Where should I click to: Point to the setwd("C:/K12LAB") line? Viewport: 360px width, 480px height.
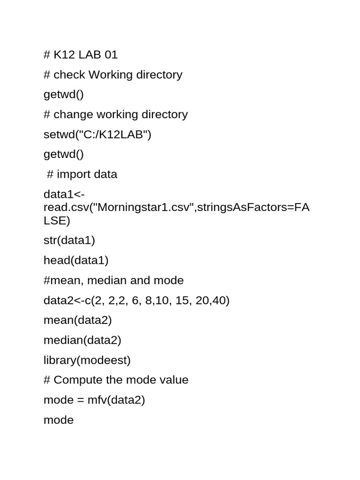pos(97,135)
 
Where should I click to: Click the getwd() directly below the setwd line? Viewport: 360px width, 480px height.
pos(63,154)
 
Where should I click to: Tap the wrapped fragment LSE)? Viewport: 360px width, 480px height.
pos(57,220)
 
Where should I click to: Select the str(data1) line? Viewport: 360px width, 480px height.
pos(69,240)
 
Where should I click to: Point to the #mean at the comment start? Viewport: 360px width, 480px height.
pos(60,280)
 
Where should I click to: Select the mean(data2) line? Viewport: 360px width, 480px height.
pos(77,320)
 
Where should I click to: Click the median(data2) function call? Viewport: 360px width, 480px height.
pos(82,340)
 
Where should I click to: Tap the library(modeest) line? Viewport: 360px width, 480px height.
pos(87,360)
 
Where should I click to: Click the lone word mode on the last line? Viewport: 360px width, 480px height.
pos(59,420)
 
